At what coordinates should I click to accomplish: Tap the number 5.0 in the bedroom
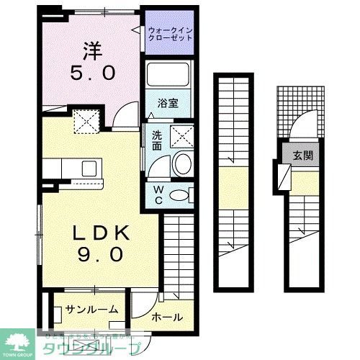pyautogui.click(x=91, y=73)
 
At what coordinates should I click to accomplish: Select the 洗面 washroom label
pyautogui.click(x=156, y=140)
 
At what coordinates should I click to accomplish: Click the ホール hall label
pyautogui.click(x=166, y=318)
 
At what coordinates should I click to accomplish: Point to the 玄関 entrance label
pyautogui.click(x=302, y=156)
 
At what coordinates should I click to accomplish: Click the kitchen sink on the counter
pyautogui.click(x=90, y=168)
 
